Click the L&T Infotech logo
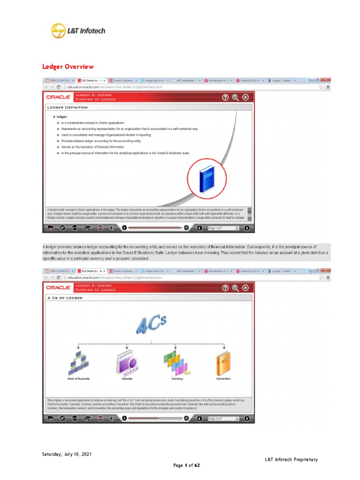(x=78, y=31)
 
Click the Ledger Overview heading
(x=68, y=67)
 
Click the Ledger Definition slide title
(x=67, y=107)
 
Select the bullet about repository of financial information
(x=93, y=147)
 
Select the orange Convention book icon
(x=223, y=362)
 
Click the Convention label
(x=223, y=378)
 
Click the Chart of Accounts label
(x=78, y=378)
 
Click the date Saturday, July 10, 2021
(x=64, y=454)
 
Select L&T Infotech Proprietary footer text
(x=291, y=459)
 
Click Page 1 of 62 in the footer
(x=187, y=465)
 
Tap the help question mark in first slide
(x=225, y=97)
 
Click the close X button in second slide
(x=245, y=287)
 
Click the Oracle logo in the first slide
(x=58, y=97)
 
